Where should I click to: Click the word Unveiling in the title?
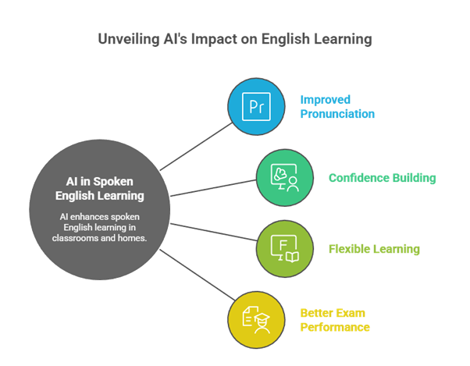129,39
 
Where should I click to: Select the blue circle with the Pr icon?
256,107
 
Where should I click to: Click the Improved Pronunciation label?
337,107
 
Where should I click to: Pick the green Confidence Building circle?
285,178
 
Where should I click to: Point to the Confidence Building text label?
383,178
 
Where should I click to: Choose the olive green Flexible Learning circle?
285,249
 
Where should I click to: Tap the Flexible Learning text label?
374,249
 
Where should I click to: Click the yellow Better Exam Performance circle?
256,320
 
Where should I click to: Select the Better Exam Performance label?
335,320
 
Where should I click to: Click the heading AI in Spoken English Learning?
100,189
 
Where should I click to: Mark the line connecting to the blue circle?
196,147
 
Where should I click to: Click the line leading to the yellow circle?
198,275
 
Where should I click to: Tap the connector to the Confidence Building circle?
213,188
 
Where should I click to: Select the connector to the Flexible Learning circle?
214,232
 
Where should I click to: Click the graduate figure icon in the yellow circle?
262,324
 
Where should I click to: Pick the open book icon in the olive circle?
292,257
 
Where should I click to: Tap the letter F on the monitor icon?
283,245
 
